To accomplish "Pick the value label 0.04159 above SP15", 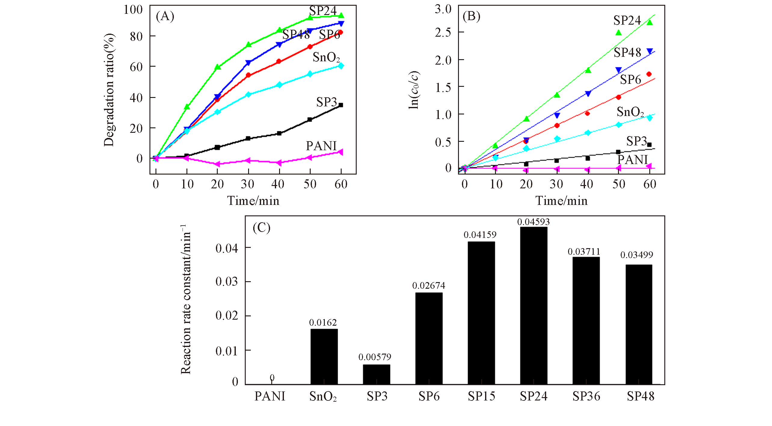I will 480,235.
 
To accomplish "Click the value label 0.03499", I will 637,255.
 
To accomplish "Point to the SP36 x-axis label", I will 586,397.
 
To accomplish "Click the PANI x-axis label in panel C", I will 270,397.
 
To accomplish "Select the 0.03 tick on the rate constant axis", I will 227,282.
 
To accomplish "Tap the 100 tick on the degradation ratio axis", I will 133,10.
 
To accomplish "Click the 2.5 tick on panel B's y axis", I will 443,32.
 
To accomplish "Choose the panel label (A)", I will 165,16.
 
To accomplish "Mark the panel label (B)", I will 471,16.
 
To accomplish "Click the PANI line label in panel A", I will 321,146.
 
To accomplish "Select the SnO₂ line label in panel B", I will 630,112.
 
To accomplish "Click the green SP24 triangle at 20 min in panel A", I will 218,67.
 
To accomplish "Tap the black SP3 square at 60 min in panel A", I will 341,105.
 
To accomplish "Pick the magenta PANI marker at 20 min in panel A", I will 217,164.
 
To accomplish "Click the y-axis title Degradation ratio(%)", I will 109,90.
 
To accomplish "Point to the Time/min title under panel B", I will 561,201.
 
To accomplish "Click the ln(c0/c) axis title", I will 414,90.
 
